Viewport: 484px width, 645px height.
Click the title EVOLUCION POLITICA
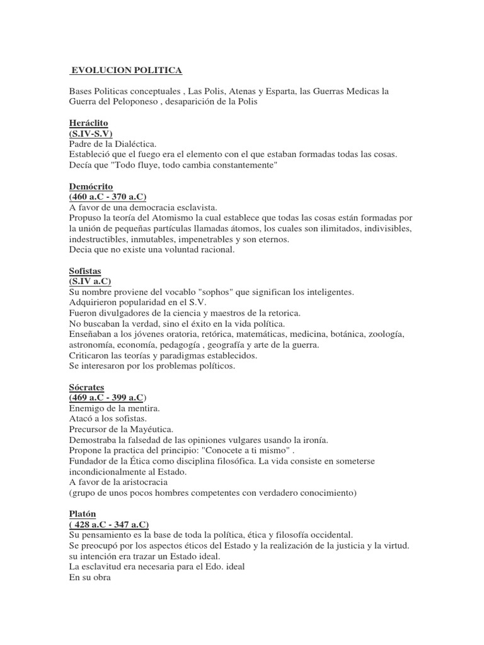(126, 71)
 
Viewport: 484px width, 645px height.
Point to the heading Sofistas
(86, 271)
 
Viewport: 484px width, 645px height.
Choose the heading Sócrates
(88, 387)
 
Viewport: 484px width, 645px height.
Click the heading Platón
(84, 514)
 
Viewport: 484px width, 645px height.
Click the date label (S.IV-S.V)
(91, 134)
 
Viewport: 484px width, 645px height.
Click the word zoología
(384, 334)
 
